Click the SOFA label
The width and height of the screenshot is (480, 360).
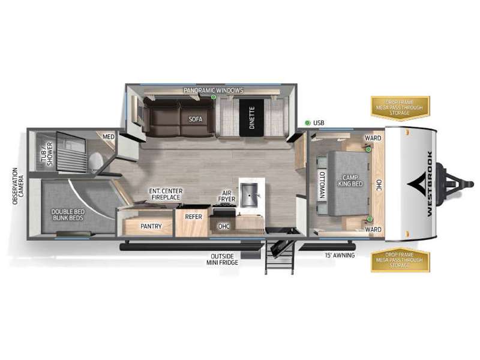(196, 119)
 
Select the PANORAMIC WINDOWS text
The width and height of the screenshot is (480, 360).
(214, 90)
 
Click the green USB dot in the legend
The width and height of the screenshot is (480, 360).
(307, 123)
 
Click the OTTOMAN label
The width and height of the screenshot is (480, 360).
(322, 185)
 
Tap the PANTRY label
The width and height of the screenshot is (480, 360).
(151, 226)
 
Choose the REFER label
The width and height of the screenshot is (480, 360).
(193, 217)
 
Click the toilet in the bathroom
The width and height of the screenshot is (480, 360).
(95, 160)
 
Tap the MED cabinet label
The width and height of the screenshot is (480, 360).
(108, 137)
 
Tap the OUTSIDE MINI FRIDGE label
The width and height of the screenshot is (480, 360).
(221, 259)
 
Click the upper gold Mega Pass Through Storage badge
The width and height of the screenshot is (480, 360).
(400, 107)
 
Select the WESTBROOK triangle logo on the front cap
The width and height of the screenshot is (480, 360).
(419, 184)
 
